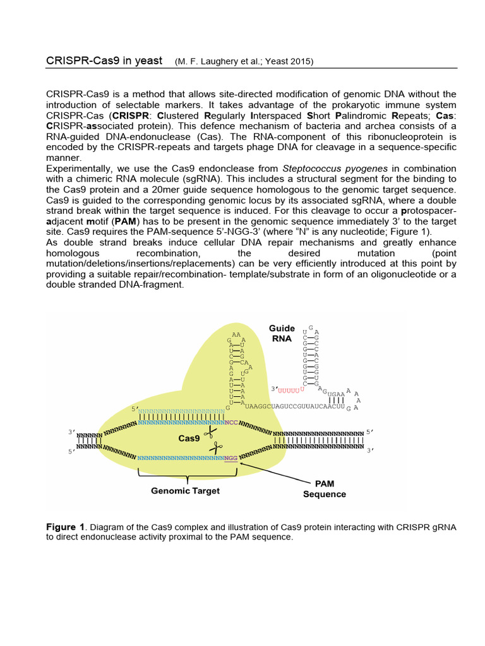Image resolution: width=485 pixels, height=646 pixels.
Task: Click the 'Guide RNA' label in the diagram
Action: pos(282,332)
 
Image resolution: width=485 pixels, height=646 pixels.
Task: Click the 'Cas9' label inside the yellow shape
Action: pos(190,437)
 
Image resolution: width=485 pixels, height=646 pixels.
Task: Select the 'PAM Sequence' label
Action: pos(325,489)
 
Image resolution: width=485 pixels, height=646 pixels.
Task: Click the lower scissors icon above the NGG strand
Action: pos(217,448)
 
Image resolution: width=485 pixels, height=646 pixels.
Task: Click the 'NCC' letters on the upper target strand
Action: pos(232,423)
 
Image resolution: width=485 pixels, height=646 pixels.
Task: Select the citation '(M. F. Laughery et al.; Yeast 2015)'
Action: pos(244,62)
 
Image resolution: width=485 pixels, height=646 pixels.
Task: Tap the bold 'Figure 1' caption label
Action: pos(65,527)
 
